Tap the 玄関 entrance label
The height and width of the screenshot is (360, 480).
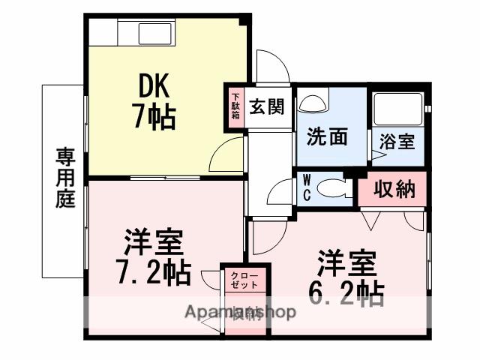[x=267, y=107]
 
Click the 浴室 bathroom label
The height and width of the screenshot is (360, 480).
[x=397, y=141]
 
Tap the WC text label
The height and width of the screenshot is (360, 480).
[x=307, y=187]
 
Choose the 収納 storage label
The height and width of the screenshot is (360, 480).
[x=394, y=190]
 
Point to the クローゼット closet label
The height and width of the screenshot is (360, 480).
[x=244, y=280]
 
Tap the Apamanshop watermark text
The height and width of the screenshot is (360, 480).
[x=241, y=310]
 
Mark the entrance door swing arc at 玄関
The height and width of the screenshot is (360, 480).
[x=271, y=67]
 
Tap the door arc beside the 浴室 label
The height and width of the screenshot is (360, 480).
[x=378, y=148]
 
